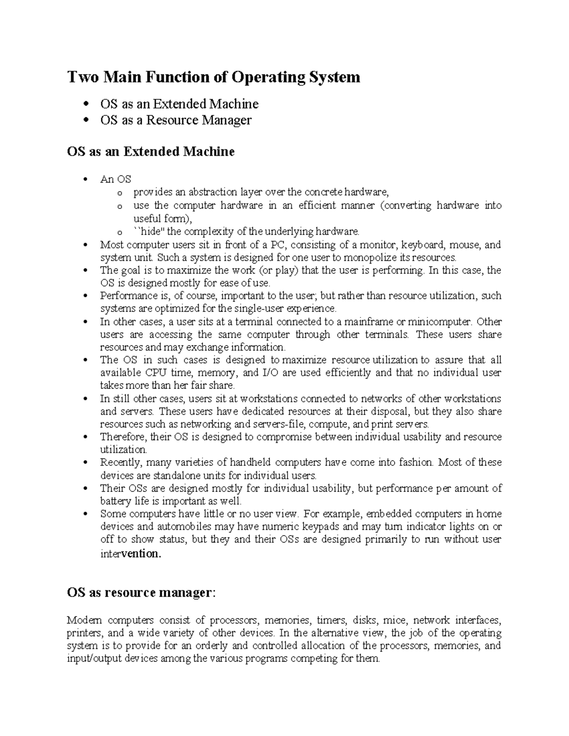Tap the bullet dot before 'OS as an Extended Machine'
click(x=86, y=104)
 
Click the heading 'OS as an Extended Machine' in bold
click(x=151, y=152)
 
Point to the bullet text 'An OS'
click(x=115, y=179)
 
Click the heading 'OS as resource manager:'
click(x=141, y=593)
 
